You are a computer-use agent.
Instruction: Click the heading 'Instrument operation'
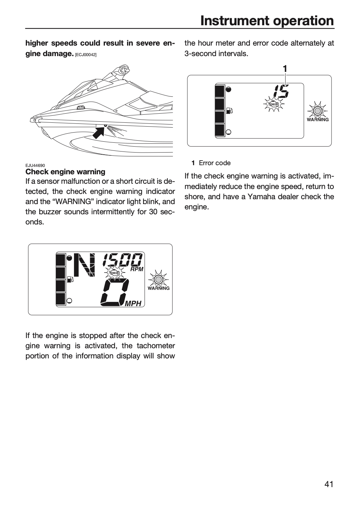coord(267,21)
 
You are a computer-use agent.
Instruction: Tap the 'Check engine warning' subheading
coord(65,172)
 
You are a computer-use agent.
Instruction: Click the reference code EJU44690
coord(35,166)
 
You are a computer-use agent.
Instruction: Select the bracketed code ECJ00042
coord(86,55)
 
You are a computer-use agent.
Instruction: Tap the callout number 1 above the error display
coord(285,69)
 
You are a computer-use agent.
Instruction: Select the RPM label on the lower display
coord(137,269)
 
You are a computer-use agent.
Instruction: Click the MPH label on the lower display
coord(133,304)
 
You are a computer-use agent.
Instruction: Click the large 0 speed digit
coord(115,292)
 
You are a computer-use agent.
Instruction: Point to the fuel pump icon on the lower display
coord(70,279)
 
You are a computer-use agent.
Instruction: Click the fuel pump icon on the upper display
coord(229,111)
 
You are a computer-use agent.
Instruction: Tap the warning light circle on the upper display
coord(317,111)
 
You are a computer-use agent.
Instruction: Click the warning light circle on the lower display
coord(158,280)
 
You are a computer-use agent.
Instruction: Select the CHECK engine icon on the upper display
coord(273,104)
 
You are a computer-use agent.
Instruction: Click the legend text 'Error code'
coord(214,163)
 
